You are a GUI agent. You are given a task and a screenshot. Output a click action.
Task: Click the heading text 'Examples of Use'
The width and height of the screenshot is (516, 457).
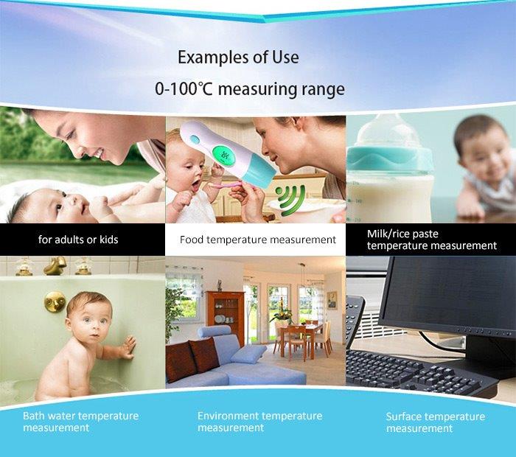(238, 57)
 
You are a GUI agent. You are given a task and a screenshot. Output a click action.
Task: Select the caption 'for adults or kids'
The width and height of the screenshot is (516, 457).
(78, 240)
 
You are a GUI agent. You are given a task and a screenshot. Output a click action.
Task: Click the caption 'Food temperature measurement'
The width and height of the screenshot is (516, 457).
(258, 240)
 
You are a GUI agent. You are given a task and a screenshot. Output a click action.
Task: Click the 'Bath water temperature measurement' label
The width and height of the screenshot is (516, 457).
(80, 422)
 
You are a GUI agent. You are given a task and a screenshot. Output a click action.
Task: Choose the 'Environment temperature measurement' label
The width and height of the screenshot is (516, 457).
(259, 422)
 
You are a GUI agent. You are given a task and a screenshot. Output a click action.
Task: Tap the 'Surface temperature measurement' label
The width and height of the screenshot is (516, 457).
(436, 422)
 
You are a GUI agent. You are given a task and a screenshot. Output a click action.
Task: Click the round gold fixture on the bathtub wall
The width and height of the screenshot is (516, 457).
(55, 301)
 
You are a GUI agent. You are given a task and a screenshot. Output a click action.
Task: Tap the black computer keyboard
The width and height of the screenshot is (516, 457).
(418, 373)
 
